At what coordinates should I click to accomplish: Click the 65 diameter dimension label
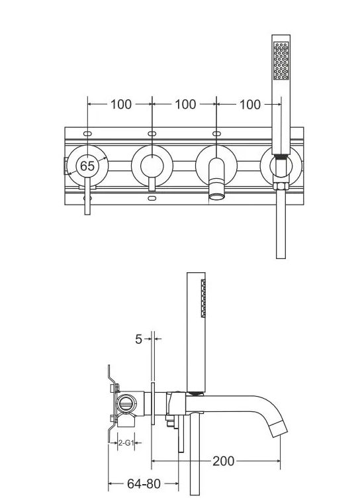[87, 166]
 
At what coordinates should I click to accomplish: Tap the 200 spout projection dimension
[224, 461]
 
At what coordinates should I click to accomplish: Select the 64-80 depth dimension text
[144, 483]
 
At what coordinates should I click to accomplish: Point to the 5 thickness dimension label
[138, 339]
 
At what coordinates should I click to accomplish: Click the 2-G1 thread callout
[126, 442]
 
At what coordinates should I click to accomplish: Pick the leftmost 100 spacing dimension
[121, 104]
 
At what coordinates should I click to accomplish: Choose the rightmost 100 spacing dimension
[250, 105]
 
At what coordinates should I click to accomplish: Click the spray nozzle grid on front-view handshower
[281, 61]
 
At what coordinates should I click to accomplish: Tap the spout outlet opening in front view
[217, 195]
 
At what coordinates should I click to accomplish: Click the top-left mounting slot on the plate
[87, 134]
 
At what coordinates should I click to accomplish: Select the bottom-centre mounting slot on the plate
[152, 198]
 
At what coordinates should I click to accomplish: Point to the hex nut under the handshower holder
[281, 186]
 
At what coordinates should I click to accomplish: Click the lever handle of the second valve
[152, 184]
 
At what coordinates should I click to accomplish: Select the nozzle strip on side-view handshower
[203, 299]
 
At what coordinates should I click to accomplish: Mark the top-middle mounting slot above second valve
[152, 134]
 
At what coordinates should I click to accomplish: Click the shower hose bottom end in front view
[281, 258]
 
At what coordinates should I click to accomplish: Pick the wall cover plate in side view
[153, 403]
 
